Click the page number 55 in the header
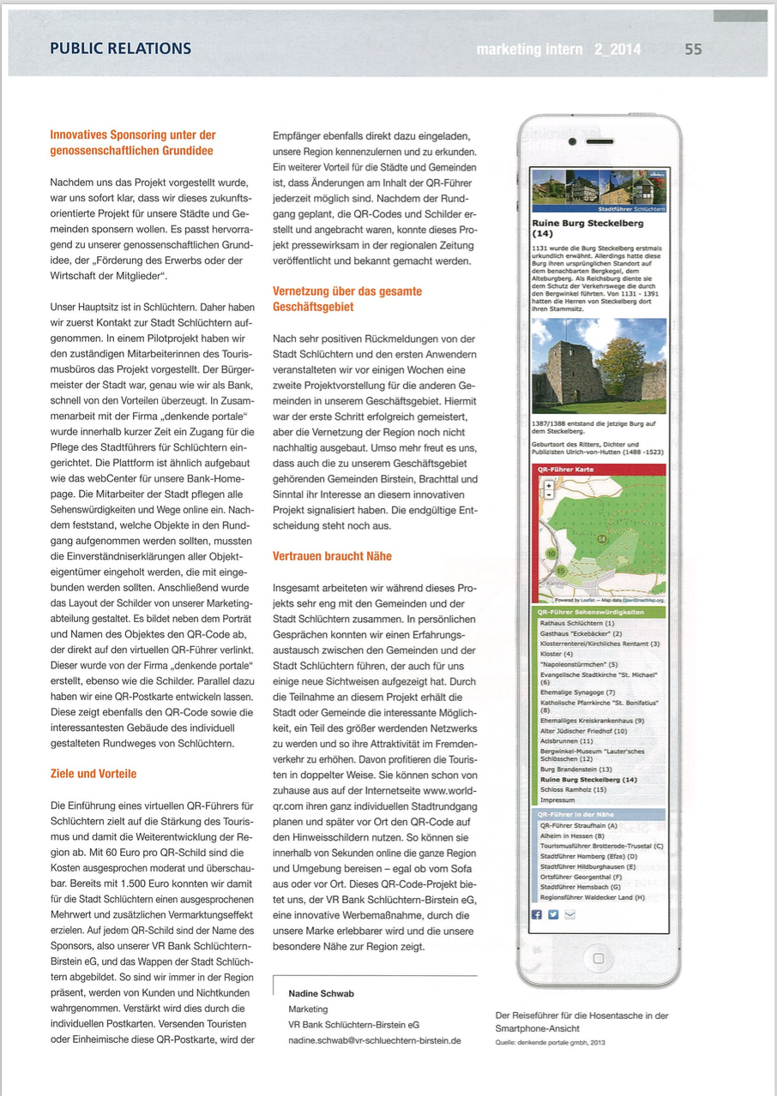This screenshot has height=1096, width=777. [x=693, y=50]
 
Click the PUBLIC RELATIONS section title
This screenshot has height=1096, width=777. [x=120, y=49]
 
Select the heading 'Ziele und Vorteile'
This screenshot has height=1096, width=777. [x=93, y=774]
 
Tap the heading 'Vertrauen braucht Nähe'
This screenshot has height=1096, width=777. [x=332, y=556]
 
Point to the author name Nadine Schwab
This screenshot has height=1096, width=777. [x=321, y=993]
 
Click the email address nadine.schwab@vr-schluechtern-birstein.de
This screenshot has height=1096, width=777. [x=375, y=1039]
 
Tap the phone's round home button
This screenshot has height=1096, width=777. [x=599, y=956]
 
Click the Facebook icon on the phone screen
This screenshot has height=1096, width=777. [x=538, y=914]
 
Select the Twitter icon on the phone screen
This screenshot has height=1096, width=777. [x=553, y=914]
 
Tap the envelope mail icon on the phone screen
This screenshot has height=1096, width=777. [x=570, y=914]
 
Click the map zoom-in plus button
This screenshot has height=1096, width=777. [x=549, y=485]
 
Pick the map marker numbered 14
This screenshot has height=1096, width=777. [x=601, y=538]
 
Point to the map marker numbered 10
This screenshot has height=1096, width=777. [x=551, y=554]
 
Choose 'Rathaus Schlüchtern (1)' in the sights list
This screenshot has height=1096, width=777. [x=572, y=624]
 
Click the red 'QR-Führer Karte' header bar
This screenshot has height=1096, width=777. [x=599, y=470]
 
